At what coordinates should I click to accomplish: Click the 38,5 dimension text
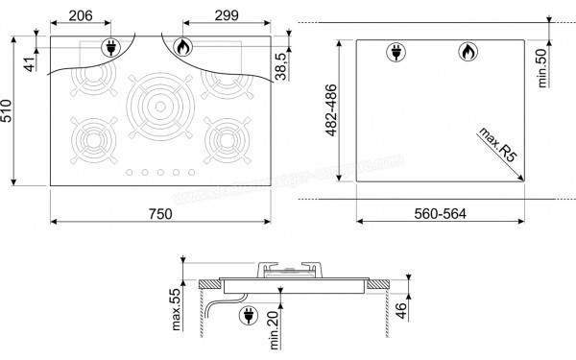[280, 69]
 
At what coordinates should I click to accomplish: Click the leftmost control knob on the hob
[130, 173]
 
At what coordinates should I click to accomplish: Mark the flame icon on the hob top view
[182, 47]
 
